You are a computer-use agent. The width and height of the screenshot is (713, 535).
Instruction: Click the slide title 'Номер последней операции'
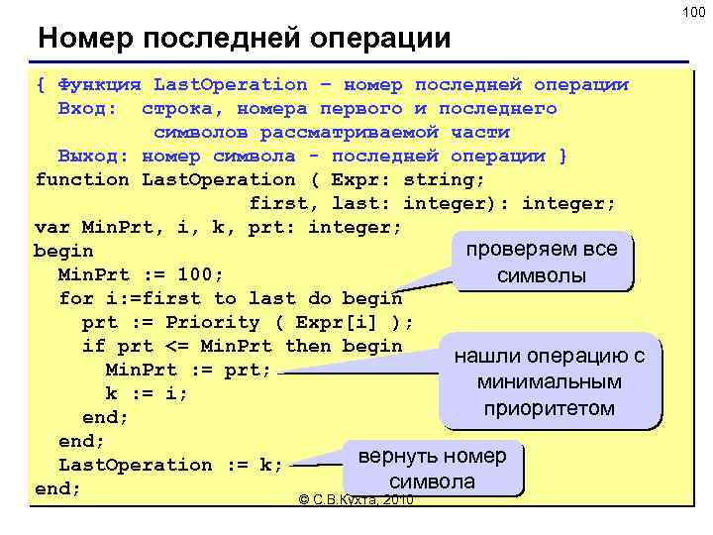(244, 39)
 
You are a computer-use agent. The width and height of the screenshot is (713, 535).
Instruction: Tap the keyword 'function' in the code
(81, 179)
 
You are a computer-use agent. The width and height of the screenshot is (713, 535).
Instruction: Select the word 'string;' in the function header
(450, 179)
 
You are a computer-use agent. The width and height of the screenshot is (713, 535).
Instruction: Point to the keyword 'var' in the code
(51, 227)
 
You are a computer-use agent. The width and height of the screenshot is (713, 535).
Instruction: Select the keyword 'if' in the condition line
(93, 346)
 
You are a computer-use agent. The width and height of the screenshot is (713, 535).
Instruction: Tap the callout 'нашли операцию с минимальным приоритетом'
(548, 381)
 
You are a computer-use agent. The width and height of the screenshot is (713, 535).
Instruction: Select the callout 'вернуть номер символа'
(432, 469)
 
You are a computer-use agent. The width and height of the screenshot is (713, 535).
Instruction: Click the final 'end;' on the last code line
(57, 488)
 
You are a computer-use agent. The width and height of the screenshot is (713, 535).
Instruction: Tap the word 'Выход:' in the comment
(93, 156)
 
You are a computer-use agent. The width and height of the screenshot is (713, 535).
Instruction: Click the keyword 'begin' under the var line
(63, 251)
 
